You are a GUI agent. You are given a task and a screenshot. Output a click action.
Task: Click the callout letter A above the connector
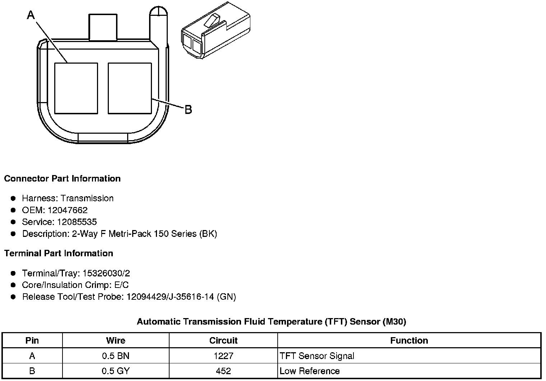31,15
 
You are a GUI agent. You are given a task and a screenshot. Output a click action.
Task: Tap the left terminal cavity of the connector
76,88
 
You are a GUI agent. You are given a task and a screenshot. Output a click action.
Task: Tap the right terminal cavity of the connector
130,88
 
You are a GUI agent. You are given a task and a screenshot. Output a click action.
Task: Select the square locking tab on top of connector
103,27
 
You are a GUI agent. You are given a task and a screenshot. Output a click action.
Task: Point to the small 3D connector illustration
216,31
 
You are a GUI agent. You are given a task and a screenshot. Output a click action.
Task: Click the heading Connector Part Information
63,179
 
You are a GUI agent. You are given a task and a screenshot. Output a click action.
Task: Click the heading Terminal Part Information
59,253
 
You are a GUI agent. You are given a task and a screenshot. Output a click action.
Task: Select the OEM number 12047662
68,210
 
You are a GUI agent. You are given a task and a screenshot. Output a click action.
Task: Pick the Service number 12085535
77,222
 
